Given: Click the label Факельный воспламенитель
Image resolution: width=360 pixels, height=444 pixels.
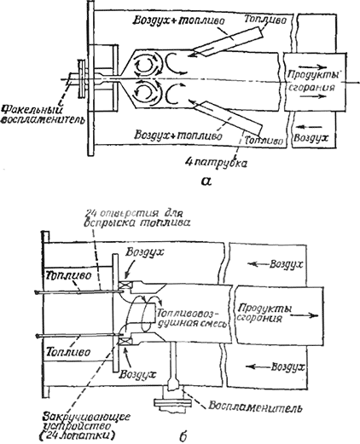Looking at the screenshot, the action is click(43, 114).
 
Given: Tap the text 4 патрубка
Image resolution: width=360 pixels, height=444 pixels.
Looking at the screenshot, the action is click(216, 163).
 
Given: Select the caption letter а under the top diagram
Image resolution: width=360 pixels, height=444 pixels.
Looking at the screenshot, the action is click(206, 181).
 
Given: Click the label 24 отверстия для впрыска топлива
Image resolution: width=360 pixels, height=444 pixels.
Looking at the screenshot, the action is click(136, 218).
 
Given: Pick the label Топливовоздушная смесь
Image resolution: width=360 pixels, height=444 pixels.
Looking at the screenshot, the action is click(192, 319).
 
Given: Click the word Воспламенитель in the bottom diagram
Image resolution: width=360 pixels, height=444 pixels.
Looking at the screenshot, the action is click(255, 407).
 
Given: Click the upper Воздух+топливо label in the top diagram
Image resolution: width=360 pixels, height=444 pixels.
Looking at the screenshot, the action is click(179, 21).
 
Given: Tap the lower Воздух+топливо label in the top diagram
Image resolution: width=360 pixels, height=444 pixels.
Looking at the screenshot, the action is click(178, 135).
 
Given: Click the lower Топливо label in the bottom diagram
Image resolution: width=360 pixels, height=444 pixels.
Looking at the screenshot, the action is click(67, 353).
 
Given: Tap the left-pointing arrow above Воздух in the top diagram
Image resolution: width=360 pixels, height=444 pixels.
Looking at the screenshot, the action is click(310, 126).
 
